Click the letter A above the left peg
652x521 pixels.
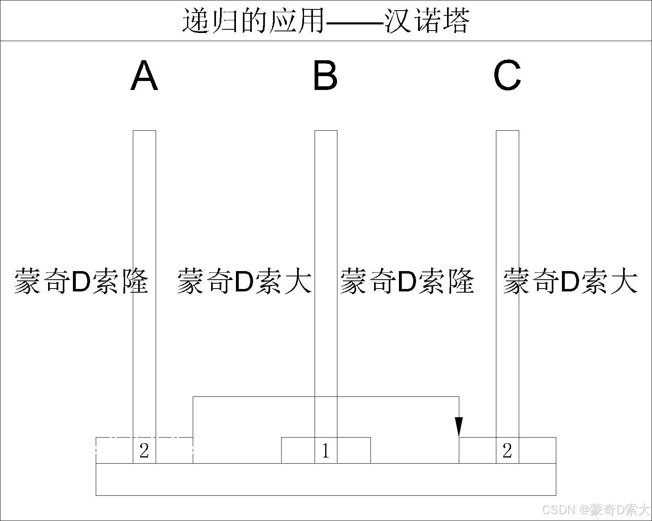(x=144, y=76)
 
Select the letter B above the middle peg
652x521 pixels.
(x=325, y=76)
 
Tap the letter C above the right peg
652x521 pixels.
(x=507, y=76)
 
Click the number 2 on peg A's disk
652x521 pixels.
(x=144, y=451)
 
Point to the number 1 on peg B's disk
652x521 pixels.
(x=326, y=451)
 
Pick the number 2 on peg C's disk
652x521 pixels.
(x=507, y=451)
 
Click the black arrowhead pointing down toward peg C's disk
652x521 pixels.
(x=459, y=427)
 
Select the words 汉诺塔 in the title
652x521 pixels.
(x=427, y=20)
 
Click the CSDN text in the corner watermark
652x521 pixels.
(x=559, y=510)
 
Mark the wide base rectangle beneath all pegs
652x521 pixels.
(x=326, y=479)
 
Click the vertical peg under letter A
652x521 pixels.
(x=144, y=204)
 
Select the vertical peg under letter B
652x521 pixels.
(x=326, y=204)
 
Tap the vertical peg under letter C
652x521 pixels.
(x=507, y=204)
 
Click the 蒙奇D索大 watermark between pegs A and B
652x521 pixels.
(x=244, y=281)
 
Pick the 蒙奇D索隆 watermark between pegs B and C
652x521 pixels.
(x=407, y=281)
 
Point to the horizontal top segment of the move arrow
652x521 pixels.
(x=265, y=396)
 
